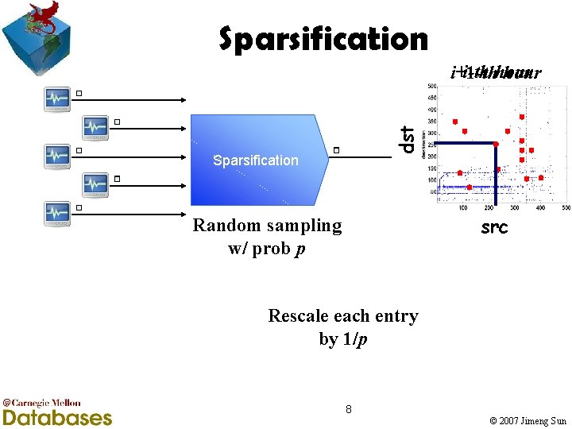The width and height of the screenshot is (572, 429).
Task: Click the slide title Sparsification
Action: point(323,38)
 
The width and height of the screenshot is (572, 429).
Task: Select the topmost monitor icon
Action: point(57,98)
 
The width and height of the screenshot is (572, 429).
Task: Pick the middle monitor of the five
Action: point(57,155)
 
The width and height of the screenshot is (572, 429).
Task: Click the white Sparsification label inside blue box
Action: point(256,160)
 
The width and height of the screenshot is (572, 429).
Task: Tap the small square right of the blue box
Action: point(337,149)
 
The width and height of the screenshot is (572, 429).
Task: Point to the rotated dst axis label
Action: point(407,139)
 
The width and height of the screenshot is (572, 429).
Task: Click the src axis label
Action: point(495,229)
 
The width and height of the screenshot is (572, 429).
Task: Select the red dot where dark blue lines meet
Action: point(496,144)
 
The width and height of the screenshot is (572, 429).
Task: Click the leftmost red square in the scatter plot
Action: point(455,122)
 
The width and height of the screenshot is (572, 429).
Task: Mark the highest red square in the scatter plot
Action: point(522,117)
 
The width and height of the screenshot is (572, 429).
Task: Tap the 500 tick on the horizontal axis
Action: point(566,208)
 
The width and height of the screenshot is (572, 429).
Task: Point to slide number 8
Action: point(348,409)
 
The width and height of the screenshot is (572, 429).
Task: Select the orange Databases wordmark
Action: point(57,417)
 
